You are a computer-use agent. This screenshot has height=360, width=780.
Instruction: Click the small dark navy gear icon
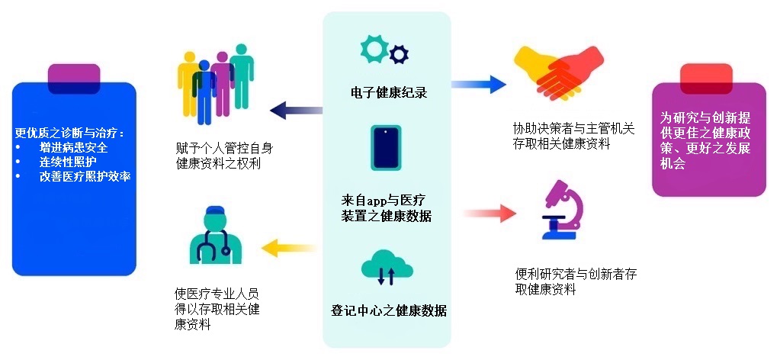[x=398, y=54]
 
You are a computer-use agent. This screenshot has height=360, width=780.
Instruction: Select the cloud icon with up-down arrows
[x=387, y=269]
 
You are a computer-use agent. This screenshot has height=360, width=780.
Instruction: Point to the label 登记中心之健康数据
[x=388, y=311]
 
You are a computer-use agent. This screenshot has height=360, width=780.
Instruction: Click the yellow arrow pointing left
[x=289, y=246]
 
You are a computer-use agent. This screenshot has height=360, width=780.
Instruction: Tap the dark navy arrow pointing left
[x=294, y=109]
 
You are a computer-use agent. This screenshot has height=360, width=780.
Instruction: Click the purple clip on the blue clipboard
[x=74, y=76]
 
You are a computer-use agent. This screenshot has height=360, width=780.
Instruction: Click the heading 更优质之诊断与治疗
[x=69, y=132]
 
